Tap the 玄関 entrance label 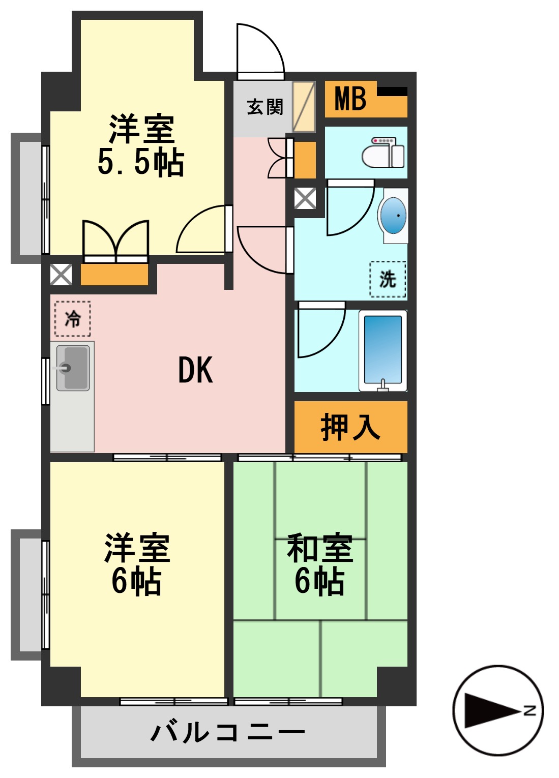point(264,107)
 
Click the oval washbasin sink point(394,216)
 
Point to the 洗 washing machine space point(388,279)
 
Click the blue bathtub point(383,350)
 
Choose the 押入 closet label point(350,427)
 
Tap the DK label point(195,370)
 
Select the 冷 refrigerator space point(73,319)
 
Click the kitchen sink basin point(73,368)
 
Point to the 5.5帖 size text point(140,163)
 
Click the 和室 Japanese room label point(320,548)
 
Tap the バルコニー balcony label point(228,732)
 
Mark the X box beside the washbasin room point(305,199)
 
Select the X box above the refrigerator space point(61,275)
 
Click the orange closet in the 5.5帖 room point(114,275)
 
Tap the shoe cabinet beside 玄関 point(304,107)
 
